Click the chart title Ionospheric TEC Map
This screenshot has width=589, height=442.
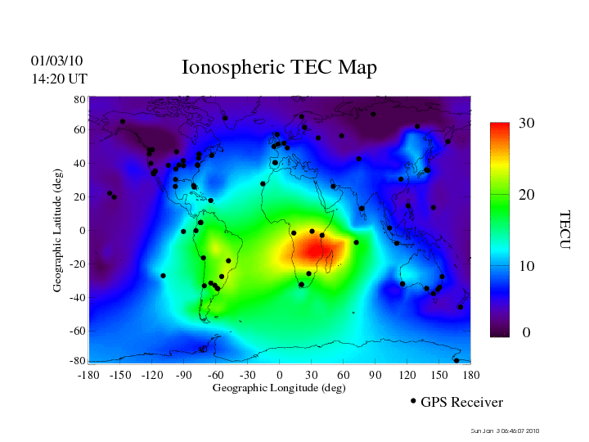click(x=279, y=68)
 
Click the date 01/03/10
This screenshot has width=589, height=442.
click(x=56, y=61)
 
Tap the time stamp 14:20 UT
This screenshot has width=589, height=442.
click(x=59, y=79)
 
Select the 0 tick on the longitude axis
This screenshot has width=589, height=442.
click(x=279, y=375)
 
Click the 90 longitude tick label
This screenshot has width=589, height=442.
click(x=375, y=375)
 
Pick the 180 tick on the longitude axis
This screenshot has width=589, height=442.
click(x=471, y=375)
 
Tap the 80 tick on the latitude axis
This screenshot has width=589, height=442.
click(x=80, y=99)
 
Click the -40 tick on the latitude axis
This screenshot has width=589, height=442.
click(x=78, y=297)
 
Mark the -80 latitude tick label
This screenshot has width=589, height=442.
click(x=78, y=361)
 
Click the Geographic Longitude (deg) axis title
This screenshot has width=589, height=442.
click(x=279, y=388)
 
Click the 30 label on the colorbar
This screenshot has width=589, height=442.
click(x=527, y=123)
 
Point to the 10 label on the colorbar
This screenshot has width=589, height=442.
click(x=527, y=267)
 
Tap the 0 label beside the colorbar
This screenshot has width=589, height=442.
click(x=527, y=333)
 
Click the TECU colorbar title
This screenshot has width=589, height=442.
click(x=564, y=229)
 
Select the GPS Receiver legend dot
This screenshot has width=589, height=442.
click(x=413, y=401)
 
